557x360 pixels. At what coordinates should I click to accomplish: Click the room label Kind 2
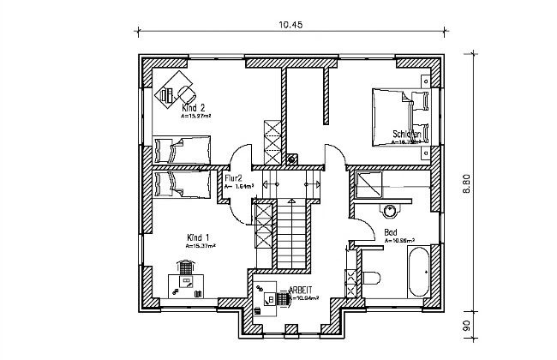click(x=193, y=109)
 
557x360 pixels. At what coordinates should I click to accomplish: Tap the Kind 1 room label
click(x=198, y=237)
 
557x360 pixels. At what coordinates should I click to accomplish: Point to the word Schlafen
click(x=406, y=134)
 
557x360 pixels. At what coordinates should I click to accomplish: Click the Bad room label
click(x=391, y=232)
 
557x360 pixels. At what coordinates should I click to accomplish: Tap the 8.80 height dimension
click(x=467, y=185)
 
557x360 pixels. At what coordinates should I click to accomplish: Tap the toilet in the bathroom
click(x=371, y=278)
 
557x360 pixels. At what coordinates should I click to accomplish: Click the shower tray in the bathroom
click(x=370, y=183)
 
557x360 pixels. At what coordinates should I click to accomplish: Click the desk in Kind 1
click(x=185, y=279)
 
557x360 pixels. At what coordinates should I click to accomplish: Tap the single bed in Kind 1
click(x=182, y=182)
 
